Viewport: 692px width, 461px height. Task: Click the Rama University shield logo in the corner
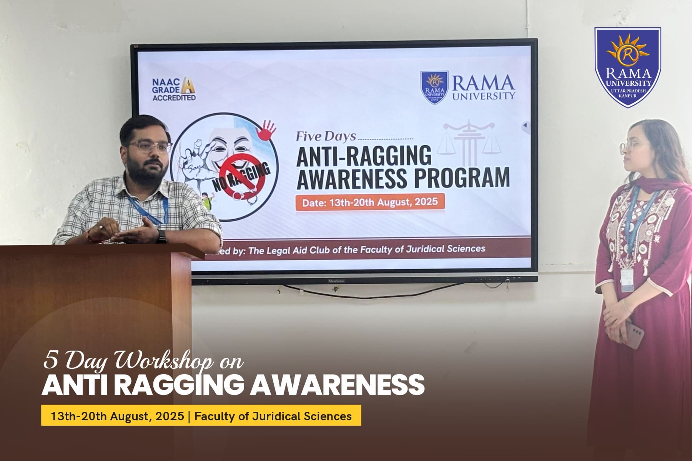pyautogui.click(x=628, y=67)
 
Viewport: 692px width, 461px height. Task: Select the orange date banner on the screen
pyautogui.click(x=370, y=202)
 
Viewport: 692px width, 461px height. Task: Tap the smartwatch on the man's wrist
pyautogui.click(x=161, y=236)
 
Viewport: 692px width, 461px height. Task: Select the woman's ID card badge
pyautogui.click(x=627, y=279)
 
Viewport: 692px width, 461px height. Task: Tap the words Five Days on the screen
pyautogui.click(x=326, y=137)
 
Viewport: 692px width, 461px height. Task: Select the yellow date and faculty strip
pyautogui.click(x=201, y=415)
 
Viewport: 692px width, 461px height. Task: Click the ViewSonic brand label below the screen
pyautogui.click(x=336, y=281)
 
